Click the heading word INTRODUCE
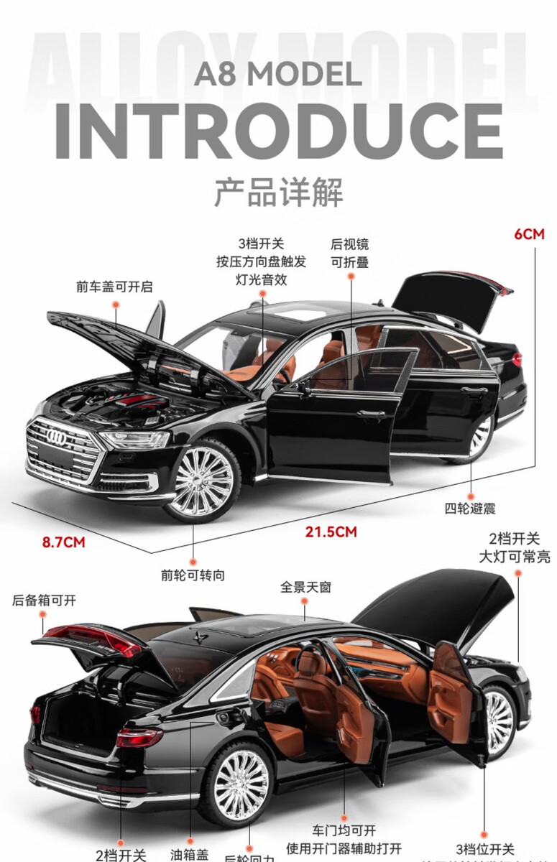click(279, 132)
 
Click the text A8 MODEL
click(277, 74)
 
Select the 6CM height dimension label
click(529, 233)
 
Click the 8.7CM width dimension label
click(63, 542)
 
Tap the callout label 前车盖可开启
click(114, 287)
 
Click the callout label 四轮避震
click(470, 509)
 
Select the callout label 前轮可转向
click(193, 575)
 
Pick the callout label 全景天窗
click(306, 587)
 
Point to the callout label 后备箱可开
click(44, 601)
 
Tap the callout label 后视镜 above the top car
click(349, 244)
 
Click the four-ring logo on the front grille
click(56, 435)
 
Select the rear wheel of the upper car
click(479, 436)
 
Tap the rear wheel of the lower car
click(241, 785)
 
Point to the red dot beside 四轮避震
click(471, 496)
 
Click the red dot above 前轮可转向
click(193, 561)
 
